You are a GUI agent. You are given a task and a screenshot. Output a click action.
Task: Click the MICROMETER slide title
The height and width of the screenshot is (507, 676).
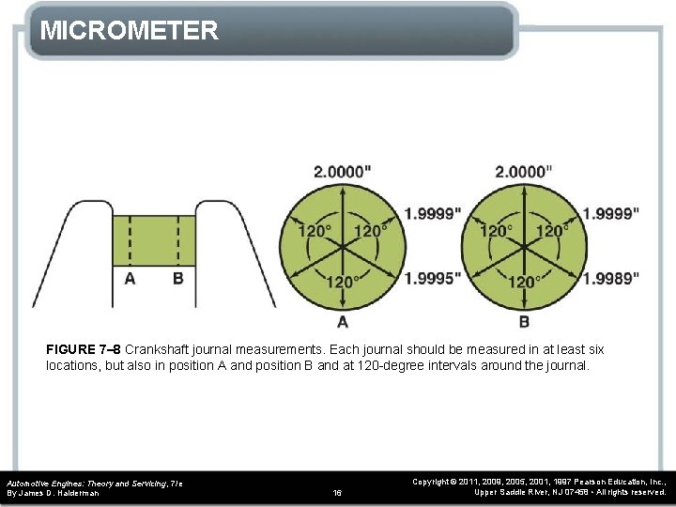click(x=130, y=30)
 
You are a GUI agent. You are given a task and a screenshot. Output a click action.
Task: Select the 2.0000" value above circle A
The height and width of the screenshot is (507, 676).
click(x=342, y=171)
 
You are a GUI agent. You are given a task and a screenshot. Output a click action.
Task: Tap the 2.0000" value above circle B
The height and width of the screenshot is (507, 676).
click(x=523, y=171)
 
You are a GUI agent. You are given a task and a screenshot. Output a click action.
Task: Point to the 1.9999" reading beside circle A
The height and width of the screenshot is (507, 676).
click(x=433, y=213)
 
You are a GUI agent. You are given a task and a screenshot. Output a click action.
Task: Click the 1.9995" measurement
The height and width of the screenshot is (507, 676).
click(x=433, y=278)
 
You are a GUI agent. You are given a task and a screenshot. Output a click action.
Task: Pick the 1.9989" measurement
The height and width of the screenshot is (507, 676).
click(x=611, y=278)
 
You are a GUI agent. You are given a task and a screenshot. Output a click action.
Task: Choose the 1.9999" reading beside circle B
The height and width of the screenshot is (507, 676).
click(x=611, y=213)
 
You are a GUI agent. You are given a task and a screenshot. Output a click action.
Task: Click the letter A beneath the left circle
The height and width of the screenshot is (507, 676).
click(x=343, y=321)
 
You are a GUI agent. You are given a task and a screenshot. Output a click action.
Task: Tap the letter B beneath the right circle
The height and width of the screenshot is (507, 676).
click(x=524, y=321)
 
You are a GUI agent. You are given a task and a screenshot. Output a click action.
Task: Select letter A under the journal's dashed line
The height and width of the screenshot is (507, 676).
click(x=130, y=279)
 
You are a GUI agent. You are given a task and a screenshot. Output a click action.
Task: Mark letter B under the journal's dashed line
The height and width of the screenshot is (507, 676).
click(x=178, y=279)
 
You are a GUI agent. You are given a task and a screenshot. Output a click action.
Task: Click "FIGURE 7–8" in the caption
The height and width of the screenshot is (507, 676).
click(x=84, y=349)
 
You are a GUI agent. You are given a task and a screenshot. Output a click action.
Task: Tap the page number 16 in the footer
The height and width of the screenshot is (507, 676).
click(x=338, y=492)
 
